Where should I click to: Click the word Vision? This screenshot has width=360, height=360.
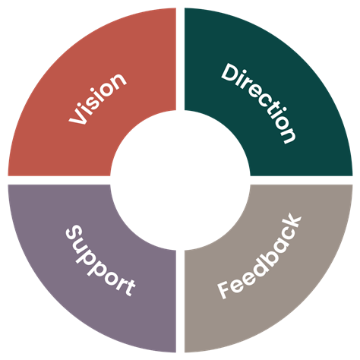tap(98, 99)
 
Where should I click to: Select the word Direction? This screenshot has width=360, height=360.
tap(258, 103)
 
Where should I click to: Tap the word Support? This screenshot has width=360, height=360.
tap(100, 261)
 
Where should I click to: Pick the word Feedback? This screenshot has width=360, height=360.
tap(260, 256)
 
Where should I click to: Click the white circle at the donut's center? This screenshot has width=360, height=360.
tap(180, 180)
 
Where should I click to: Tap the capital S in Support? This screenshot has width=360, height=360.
tap(74, 233)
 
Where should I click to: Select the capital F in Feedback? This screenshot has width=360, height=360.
tap(226, 289)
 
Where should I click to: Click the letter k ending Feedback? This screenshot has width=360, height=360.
tap(292, 223)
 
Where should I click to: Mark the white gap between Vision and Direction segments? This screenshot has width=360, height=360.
tap(180, 59)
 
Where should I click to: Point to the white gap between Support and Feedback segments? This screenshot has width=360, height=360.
tap(180, 302)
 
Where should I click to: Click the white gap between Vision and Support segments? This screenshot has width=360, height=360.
tap(59, 180)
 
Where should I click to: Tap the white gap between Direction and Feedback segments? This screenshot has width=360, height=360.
tap(302, 180)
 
